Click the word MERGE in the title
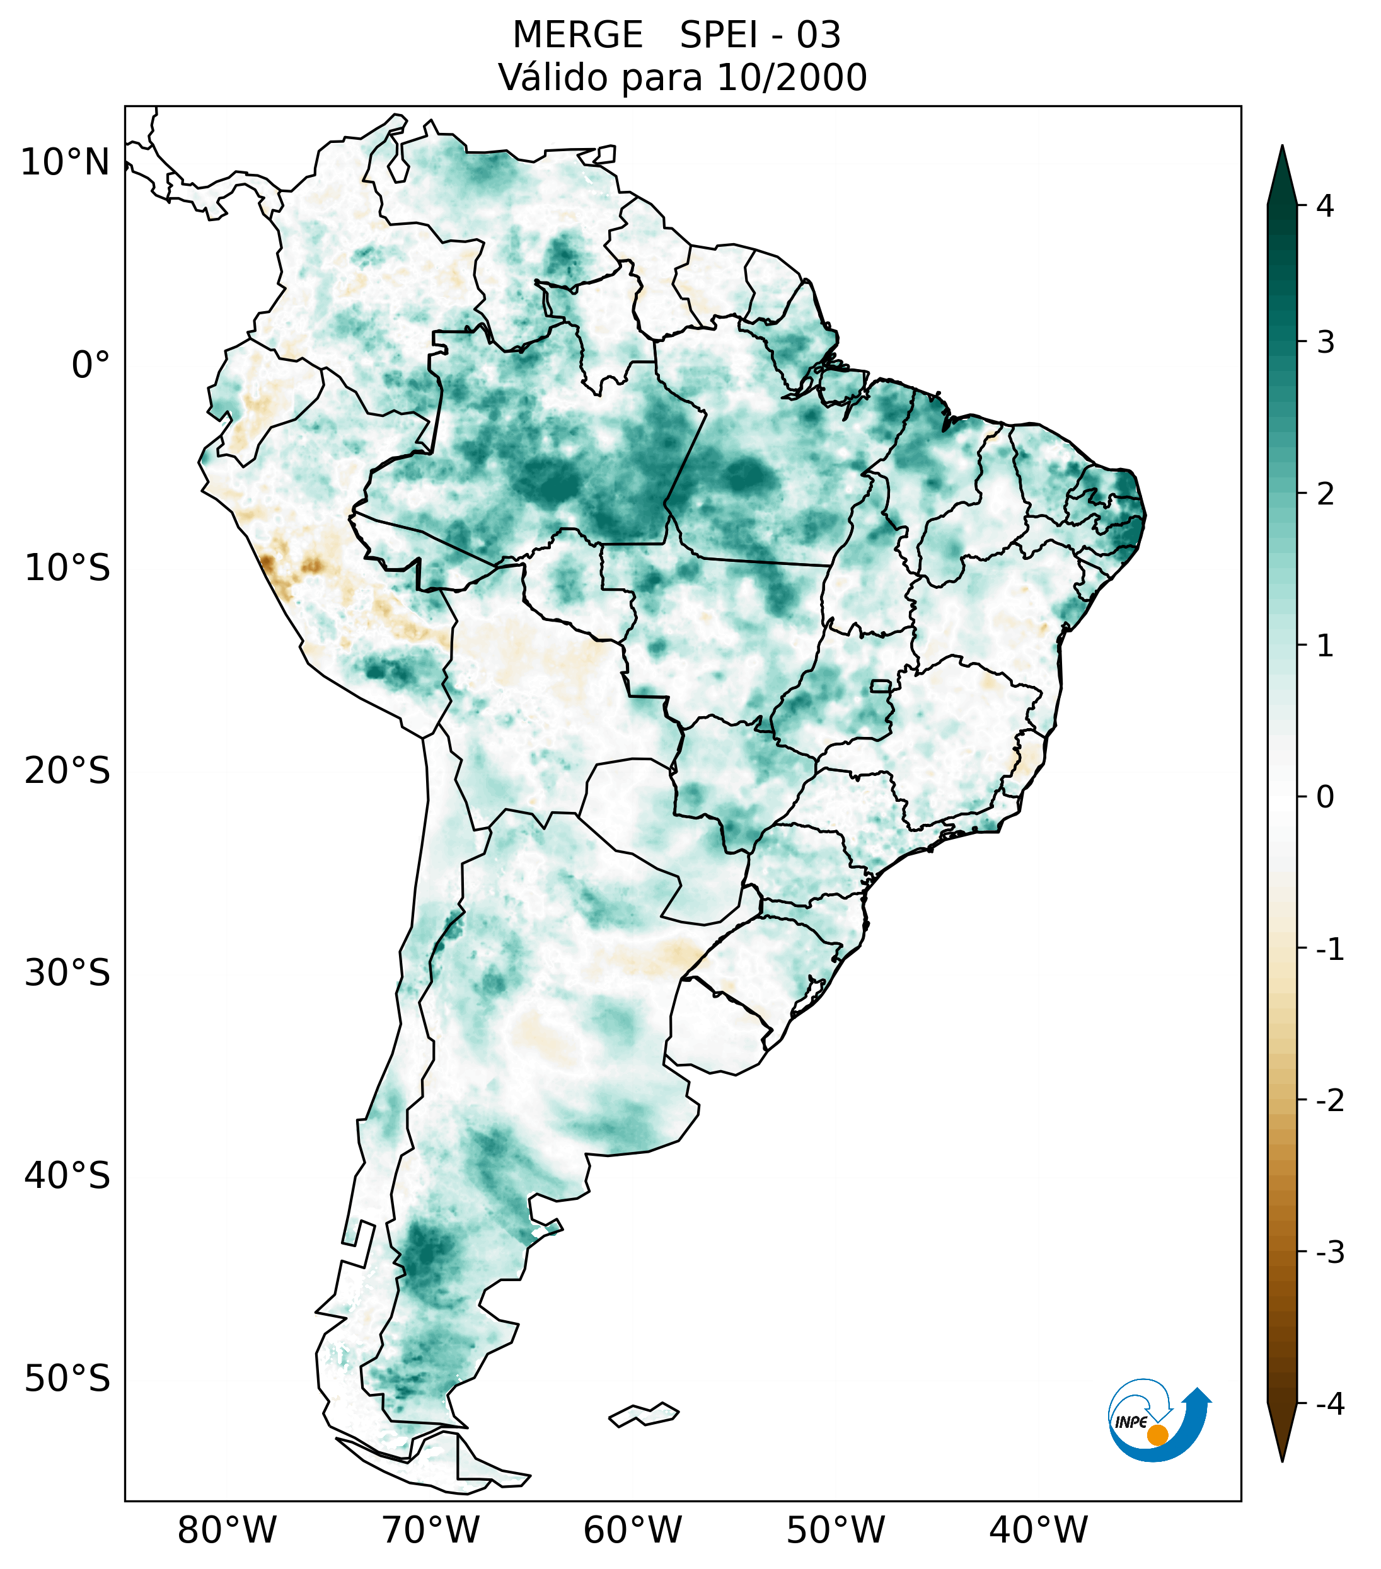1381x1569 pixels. click(x=577, y=35)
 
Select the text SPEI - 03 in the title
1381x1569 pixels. click(x=760, y=35)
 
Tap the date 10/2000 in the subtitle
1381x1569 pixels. click(x=791, y=77)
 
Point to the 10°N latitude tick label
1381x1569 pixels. click(x=66, y=163)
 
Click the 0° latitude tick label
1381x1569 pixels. click(x=91, y=365)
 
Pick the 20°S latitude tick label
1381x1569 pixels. click(x=67, y=771)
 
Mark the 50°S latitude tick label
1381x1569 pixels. click(x=67, y=1379)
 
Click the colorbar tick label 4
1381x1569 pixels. click(x=1325, y=206)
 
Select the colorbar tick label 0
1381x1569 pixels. click(x=1325, y=797)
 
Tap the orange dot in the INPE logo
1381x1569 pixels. click(x=1157, y=1435)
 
